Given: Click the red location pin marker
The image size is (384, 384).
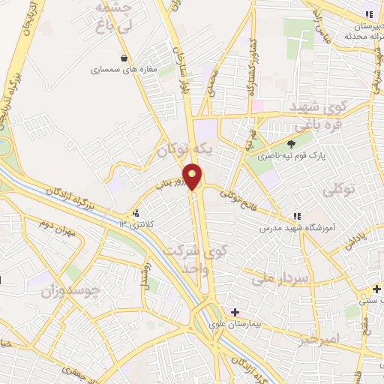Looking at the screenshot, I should pos(193,177).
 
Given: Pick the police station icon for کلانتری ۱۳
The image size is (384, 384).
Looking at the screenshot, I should pos(135,214).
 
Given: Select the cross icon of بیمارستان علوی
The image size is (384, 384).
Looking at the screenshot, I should pos(235,311).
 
